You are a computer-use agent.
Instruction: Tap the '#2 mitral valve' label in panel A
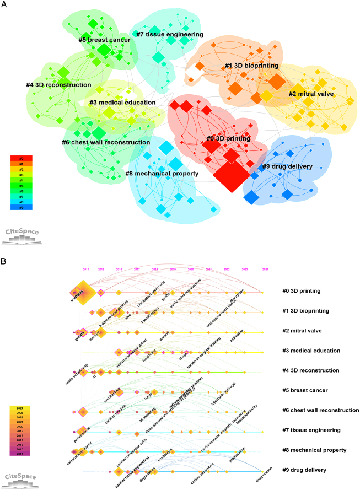tap(319, 94)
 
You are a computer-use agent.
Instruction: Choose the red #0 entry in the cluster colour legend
tap(22, 158)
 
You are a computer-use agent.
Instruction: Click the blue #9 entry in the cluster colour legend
tap(22, 207)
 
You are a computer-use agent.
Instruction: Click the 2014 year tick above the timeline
tap(85, 269)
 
